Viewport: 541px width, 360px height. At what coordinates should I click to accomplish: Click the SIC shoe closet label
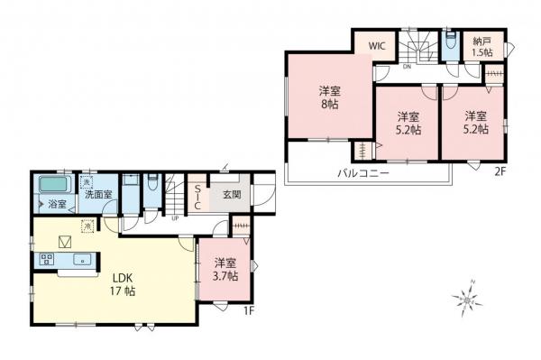[199, 197]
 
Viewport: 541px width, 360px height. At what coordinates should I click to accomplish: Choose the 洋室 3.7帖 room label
[225, 270]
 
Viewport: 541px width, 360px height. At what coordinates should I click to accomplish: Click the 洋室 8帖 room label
[328, 97]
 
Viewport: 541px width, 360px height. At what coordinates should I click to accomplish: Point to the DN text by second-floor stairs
[408, 66]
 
